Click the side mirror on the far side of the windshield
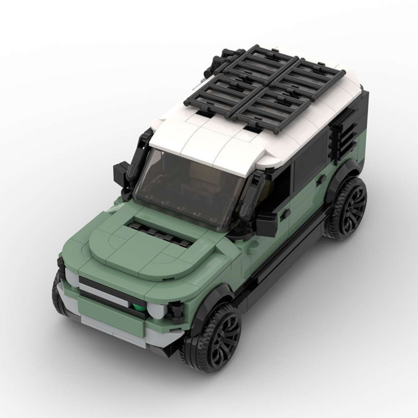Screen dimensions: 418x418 click(x=119, y=173)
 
